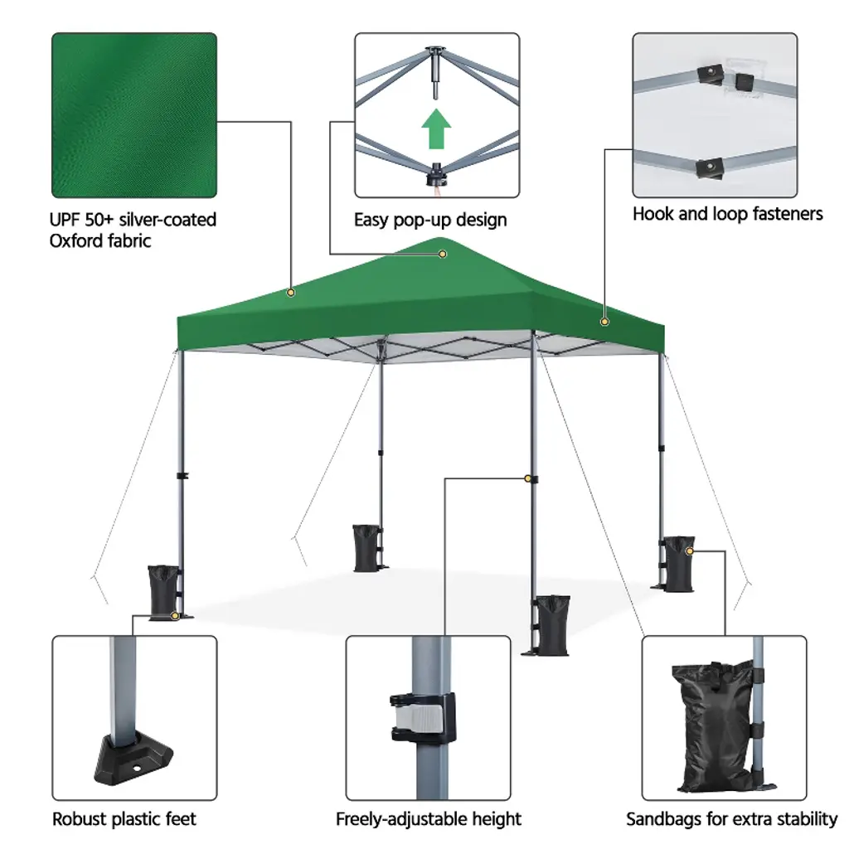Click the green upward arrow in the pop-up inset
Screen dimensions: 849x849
436,129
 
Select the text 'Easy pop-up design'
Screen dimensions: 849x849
430,220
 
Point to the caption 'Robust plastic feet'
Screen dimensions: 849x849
124,818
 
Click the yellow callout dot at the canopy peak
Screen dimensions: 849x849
443,254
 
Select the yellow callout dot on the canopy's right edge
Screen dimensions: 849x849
604,322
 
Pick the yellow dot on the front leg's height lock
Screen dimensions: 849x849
528,478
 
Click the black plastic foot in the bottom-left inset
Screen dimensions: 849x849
133,758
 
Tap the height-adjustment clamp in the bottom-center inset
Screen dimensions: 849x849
423,717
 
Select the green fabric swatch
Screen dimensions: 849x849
134,115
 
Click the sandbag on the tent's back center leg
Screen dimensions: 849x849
367,548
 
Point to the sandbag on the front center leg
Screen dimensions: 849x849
552,625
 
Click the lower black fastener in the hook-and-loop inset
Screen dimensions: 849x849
710,167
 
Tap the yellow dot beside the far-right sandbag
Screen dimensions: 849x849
689,551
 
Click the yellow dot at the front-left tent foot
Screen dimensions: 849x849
174,616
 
